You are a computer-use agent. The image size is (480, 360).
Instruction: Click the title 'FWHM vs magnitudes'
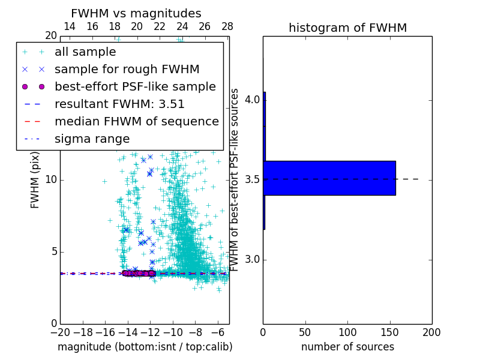point(136,13)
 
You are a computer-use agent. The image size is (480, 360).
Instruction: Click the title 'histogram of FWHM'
point(347,28)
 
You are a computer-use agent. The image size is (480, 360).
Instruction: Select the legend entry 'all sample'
point(85,52)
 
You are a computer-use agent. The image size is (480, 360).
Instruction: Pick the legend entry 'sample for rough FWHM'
point(127,70)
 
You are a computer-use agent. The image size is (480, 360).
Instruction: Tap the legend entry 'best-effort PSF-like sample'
point(135,87)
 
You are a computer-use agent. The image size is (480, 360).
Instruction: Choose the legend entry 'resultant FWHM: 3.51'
point(119,104)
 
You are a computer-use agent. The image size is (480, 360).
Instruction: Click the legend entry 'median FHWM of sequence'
point(136,122)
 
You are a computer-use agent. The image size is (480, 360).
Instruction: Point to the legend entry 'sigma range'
point(92,139)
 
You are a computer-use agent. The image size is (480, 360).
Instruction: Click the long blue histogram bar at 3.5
point(329,178)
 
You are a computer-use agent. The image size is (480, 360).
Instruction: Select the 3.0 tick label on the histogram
point(252,259)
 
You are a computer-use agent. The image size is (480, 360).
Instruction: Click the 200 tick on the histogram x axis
point(431,332)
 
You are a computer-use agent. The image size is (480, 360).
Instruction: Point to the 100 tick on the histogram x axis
point(347,332)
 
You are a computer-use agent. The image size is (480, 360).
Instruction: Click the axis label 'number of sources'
point(347,347)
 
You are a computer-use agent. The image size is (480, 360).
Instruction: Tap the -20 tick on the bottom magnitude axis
point(60,332)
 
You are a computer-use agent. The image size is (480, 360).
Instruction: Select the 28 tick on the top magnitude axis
point(227,26)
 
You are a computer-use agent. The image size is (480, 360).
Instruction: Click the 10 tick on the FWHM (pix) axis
point(50,180)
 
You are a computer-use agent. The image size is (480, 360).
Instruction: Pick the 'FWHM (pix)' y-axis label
point(35,180)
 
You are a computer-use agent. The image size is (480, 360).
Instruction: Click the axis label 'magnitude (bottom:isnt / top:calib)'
point(145,347)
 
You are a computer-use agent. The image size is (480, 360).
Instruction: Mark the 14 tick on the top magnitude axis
point(69,26)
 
